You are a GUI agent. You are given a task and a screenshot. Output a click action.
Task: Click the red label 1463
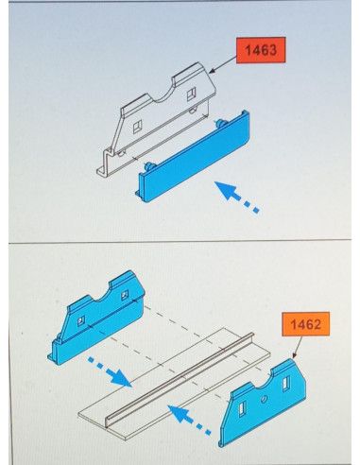coord(261,50)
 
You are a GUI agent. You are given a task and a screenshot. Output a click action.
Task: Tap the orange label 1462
coord(305,324)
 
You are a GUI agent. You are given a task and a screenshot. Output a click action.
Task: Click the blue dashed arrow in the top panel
coord(237,198)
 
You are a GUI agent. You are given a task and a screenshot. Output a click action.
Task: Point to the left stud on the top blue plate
coord(148,166)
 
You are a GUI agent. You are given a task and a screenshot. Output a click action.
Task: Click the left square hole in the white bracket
coord(138,127)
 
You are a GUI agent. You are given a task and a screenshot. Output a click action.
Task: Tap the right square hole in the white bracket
coord(191,95)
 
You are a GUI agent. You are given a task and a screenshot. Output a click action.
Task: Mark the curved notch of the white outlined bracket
coord(164,96)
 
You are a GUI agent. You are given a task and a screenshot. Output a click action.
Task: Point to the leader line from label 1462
coord(298,347)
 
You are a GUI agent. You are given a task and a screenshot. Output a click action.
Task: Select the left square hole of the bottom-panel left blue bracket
coord(81,321)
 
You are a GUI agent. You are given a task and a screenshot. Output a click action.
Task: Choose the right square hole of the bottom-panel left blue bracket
coord(125,295)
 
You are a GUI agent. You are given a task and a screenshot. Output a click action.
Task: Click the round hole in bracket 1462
coord(264,400)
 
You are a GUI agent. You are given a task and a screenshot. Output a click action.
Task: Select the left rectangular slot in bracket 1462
coord(242,410)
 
